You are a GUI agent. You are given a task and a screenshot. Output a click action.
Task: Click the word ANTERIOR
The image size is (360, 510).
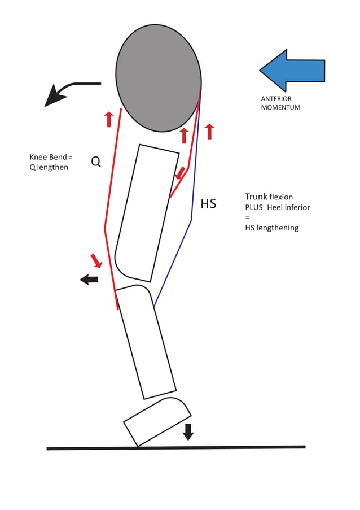(x=276, y=99)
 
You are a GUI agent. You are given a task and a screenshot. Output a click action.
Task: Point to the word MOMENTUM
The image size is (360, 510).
(x=280, y=107)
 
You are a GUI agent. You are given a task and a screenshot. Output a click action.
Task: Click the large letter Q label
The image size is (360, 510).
(x=96, y=162)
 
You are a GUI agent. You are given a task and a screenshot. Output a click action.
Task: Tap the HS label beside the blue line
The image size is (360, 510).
(x=208, y=203)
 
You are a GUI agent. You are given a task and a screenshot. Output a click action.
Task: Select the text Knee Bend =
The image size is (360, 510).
(x=51, y=157)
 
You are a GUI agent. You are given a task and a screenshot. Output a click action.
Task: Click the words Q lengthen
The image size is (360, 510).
(x=49, y=167)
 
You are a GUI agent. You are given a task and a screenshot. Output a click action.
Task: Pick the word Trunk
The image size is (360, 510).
(x=256, y=197)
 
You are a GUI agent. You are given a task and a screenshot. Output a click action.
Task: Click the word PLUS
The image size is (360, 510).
(x=254, y=207)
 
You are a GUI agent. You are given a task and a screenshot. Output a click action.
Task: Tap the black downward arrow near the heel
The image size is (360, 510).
(x=188, y=431)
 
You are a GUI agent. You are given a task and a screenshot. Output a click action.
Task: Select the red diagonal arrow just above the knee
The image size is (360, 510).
(x=96, y=260)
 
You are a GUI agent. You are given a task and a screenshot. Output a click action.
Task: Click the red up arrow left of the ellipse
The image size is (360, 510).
(x=109, y=119)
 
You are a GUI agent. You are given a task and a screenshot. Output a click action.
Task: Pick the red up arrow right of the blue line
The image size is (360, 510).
(x=209, y=131)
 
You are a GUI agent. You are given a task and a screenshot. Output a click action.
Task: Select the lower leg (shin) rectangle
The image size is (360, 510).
(x=146, y=342)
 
